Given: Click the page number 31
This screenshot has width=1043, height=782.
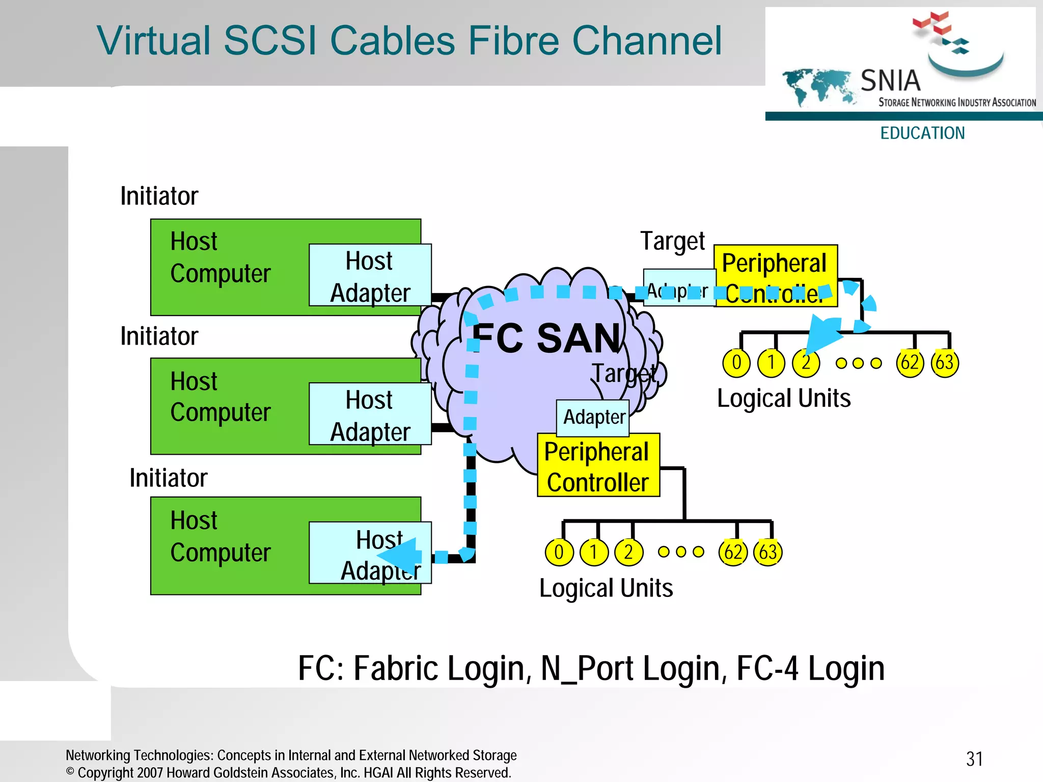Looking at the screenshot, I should pos(974,759).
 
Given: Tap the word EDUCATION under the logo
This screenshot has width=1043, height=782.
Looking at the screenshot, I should pos(922,133).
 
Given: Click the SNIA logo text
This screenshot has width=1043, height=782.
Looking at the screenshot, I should pos(891,81).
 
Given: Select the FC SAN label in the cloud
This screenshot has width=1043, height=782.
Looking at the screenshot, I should pos(547,338).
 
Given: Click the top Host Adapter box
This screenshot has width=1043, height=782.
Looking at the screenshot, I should pos(370,275).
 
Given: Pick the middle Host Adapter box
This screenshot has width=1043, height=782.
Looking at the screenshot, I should pos(370,414).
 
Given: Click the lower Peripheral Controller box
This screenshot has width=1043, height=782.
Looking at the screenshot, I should pos(598,465).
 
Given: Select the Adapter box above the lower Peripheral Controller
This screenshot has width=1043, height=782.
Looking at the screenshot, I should pos(593,418).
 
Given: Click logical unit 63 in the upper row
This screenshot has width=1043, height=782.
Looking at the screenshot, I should pos(944,363).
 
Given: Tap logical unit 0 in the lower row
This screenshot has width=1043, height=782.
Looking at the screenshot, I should pos(559,552).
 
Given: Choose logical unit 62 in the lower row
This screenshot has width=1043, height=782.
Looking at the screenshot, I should pos(733,552).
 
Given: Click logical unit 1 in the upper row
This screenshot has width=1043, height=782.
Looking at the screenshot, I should pos(771,363).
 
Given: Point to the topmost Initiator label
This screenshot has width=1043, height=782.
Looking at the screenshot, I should pos(159,196).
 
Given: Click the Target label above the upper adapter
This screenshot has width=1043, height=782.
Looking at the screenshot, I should pos(672,241).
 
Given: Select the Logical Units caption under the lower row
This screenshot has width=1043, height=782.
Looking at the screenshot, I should pos(606,588).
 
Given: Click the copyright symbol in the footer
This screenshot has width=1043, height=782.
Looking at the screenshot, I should pos(70,772).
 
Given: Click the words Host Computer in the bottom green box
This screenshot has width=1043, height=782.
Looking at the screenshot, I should pos(220,536).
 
